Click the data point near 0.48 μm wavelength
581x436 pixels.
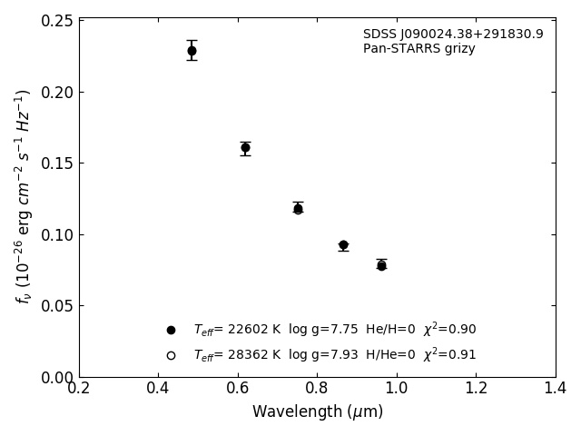[x=192, y=51]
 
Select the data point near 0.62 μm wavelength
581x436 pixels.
[x=245, y=147]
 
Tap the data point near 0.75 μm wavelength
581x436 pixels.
[x=298, y=209]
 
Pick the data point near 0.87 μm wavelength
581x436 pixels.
[x=343, y=245]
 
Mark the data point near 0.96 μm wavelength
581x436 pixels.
[x=381, y=265]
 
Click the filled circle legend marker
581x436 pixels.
[x=171, y=330]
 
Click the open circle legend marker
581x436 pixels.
[x=171, y=355]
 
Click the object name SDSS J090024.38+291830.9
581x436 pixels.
[x=453, y=35]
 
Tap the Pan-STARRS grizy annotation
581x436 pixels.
[x=419, y=49]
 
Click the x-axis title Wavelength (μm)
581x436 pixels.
[x=318, y=412]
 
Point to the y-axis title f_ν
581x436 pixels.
[x=24, y=195]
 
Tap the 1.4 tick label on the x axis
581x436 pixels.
[x=555, y=389]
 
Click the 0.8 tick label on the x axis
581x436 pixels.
[x=317, y=389]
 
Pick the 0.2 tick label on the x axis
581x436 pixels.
[x=79, y=389]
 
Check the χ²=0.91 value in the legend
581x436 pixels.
[x=449, y=355]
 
